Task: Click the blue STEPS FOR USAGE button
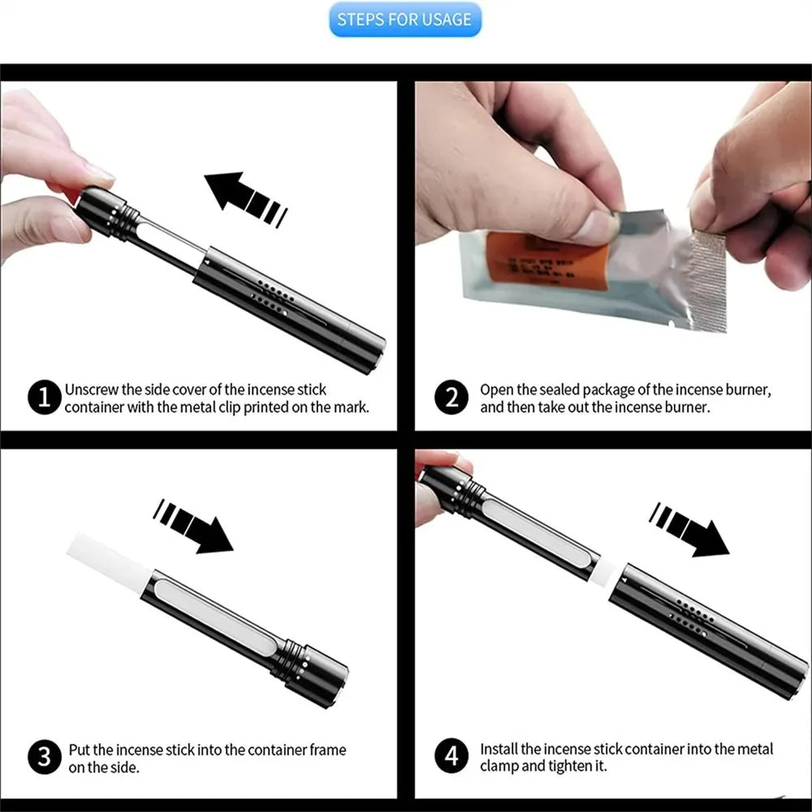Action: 405,19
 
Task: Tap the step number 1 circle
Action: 44,398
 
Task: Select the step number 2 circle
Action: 451,398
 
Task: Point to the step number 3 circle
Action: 44,757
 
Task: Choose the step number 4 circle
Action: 451,757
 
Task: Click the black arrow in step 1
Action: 244,198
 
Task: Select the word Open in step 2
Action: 495,390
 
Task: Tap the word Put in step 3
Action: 79,749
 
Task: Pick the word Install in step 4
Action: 499,749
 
